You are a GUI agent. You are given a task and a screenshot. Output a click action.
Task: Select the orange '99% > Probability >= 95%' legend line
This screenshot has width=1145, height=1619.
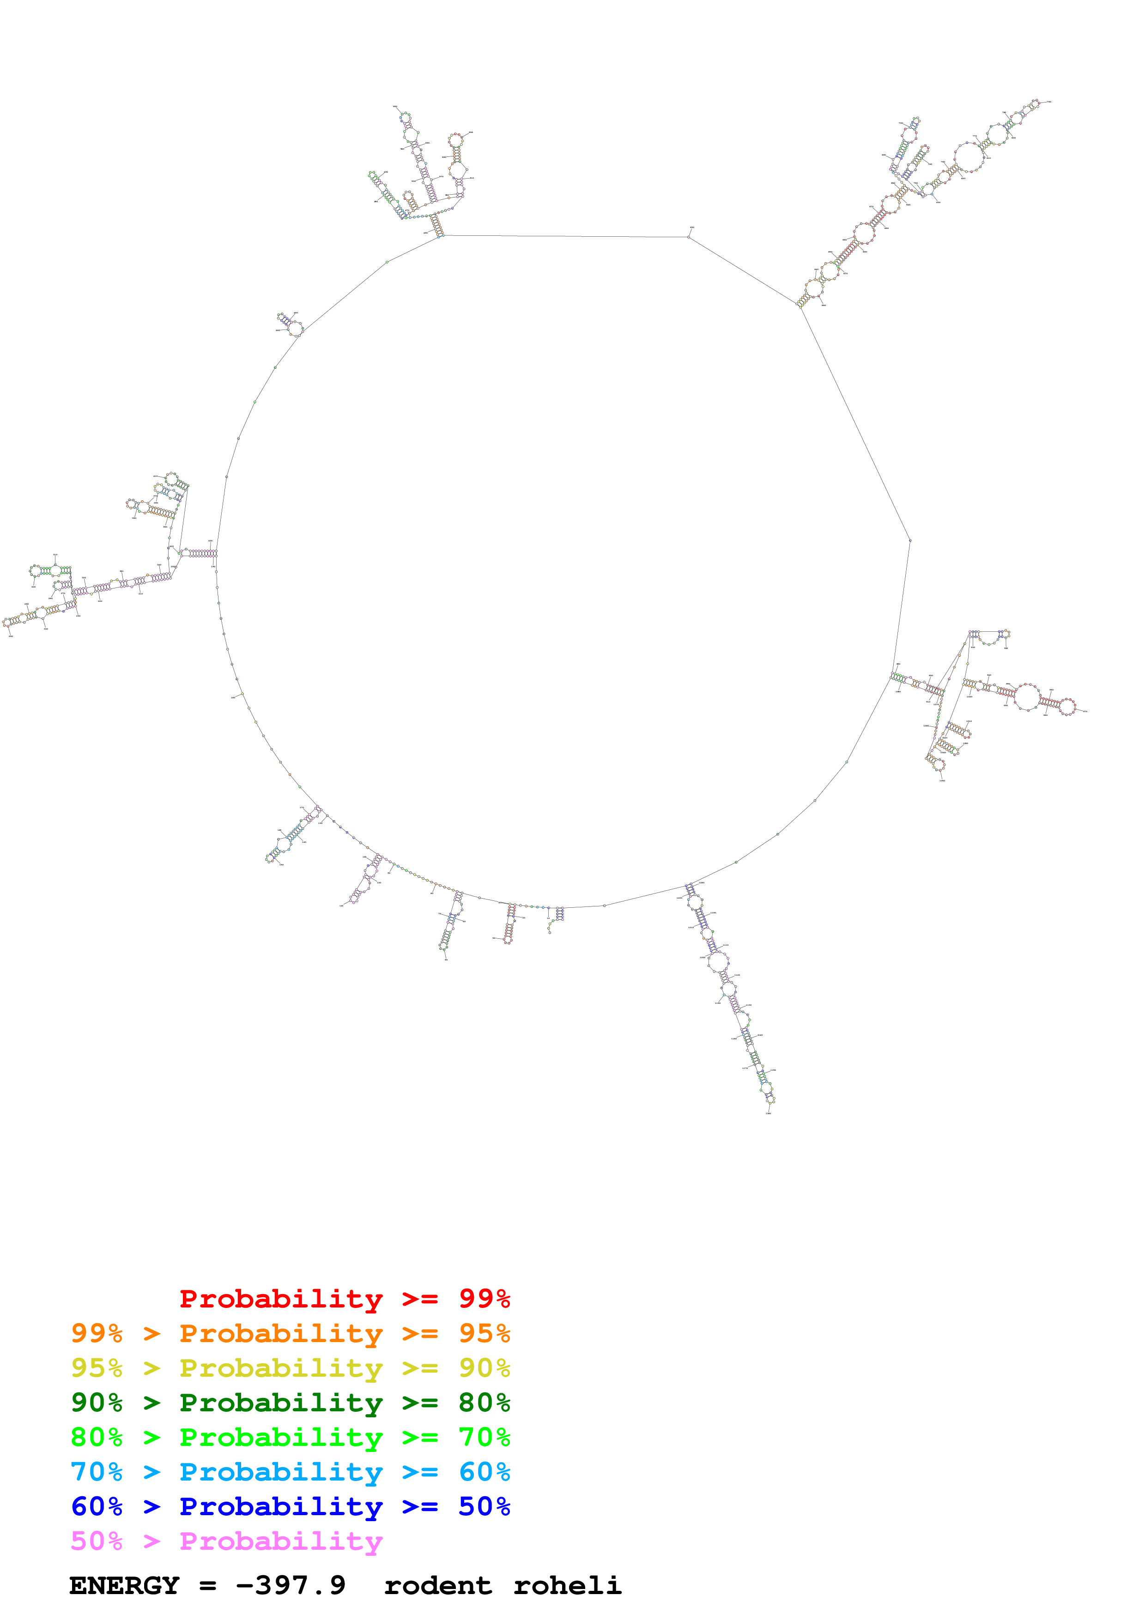(290, 1333)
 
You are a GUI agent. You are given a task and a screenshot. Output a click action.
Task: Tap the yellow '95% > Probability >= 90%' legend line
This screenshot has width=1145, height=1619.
(290, 1368)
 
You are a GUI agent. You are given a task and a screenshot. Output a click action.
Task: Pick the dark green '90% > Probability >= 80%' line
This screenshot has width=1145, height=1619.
(290, 1403)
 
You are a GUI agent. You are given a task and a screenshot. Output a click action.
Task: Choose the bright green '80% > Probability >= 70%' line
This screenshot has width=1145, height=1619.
(290, 1437)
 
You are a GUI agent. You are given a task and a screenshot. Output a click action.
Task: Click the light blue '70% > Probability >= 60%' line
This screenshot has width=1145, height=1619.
(290, 1472)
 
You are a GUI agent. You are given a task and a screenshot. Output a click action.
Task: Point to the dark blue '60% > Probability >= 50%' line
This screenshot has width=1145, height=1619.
(290, 1506)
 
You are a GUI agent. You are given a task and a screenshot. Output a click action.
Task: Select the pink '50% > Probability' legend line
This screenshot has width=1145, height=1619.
(226, 1541)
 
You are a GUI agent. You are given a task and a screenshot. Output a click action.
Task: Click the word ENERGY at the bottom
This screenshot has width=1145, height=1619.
(124, 1586)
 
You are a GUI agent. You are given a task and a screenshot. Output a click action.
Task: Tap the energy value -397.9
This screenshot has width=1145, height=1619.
(291, 1586)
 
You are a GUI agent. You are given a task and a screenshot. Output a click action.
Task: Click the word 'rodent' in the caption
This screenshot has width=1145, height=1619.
(437, 1586)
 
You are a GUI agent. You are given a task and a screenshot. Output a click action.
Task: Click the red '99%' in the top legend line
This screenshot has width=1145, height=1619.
(484, 1299)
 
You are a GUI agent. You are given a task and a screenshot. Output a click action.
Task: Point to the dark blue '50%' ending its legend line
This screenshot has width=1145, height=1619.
(484, 1506)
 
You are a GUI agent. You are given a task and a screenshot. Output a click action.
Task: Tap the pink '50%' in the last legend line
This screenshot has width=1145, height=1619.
(97, 1541)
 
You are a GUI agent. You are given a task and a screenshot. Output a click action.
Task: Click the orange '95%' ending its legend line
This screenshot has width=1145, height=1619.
(484, 1333)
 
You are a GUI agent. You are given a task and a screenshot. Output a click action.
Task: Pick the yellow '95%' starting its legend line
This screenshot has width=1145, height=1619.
(97, 1368)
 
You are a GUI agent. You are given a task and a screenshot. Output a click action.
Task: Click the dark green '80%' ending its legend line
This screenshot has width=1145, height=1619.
(484, 1403)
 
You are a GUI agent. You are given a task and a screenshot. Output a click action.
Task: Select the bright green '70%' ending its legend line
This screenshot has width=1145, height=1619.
(484, 1437)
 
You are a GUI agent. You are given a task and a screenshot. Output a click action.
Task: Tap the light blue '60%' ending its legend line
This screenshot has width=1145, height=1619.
(484, 1472)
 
